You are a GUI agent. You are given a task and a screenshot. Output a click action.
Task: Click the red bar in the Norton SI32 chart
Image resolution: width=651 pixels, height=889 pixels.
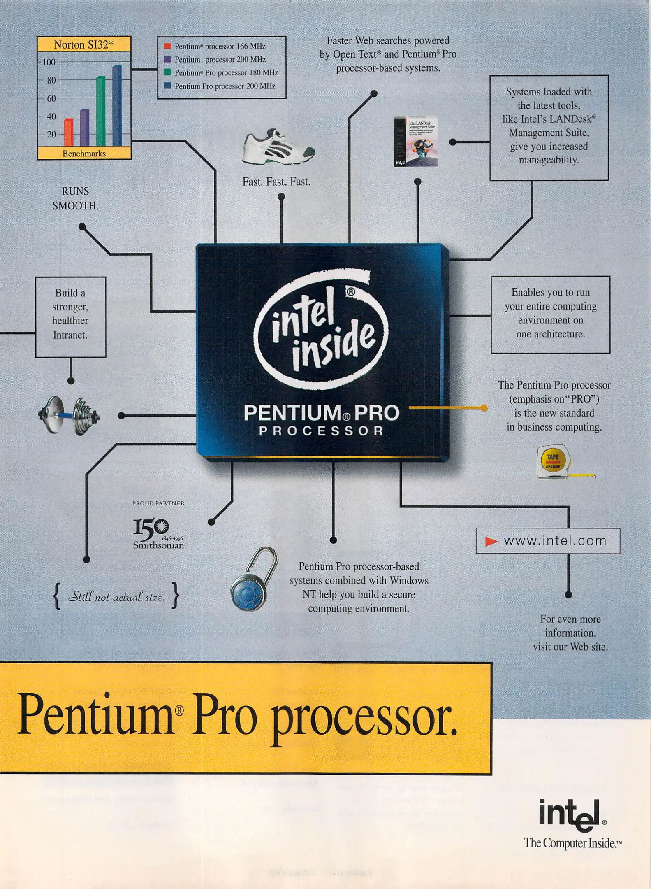tap(69, 132)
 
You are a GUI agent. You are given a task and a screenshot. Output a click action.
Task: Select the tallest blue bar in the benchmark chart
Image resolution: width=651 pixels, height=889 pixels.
tap(117, 106)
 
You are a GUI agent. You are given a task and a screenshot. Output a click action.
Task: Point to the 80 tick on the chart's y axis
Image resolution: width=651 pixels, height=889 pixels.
tap(51, 80)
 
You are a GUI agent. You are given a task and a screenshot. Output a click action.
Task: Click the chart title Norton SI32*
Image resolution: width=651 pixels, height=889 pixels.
tap(83, 44)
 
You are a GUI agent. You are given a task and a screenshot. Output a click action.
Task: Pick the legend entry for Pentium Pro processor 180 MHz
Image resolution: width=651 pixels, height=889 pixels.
tap(226, 73)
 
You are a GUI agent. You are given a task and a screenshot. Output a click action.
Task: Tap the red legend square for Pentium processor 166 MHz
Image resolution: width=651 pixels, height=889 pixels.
tap(167, 46)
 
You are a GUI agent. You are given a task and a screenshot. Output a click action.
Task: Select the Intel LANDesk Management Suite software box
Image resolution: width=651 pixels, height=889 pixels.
tap(415, 141)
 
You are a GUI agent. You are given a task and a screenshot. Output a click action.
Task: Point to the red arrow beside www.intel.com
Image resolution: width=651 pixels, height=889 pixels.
tap(491, 541)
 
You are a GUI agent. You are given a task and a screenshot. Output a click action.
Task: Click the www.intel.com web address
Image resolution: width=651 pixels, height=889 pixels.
tap(555, 541)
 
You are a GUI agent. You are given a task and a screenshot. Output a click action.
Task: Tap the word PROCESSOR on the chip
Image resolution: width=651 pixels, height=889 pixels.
tap(321, 431)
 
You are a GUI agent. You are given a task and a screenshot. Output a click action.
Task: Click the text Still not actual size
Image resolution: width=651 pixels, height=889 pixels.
tap(116, 596)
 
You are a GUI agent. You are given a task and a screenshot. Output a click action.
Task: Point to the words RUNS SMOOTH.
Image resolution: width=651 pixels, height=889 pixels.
tap(75, 198)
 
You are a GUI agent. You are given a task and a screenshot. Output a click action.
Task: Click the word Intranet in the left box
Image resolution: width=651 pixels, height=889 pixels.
tap(70, 335)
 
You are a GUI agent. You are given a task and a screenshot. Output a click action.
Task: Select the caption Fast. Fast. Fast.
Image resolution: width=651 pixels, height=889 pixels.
tap(276, 182)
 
